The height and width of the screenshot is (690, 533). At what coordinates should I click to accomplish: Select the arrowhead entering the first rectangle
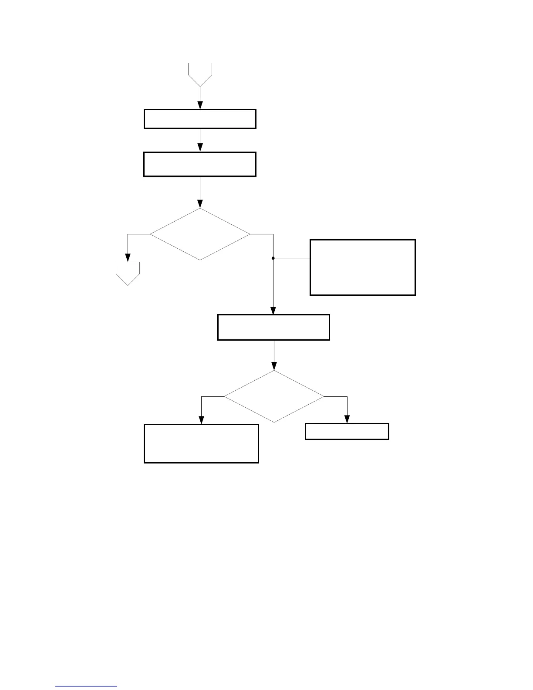coord(200,105)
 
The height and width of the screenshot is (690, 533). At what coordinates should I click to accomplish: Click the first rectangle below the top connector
coord(200,119)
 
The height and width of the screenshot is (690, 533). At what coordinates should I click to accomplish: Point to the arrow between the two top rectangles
coord(200,140)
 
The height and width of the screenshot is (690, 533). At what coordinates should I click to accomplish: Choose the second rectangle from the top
coord(200,164)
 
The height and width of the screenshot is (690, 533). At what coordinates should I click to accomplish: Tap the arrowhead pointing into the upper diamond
coord(200,204)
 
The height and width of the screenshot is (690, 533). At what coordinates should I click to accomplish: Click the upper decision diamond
coord(200,234)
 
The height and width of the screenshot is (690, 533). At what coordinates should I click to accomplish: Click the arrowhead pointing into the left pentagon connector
coord(128,257)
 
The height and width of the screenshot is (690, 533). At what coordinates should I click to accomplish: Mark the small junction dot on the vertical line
coord(273,258)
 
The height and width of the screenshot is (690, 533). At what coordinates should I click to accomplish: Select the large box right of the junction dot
coord(362,267)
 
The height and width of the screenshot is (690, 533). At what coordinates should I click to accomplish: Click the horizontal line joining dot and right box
coord(291,258)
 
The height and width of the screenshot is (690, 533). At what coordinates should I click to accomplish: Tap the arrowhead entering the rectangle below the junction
coord(273,311)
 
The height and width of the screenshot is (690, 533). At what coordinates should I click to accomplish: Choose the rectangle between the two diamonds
coord(273,327)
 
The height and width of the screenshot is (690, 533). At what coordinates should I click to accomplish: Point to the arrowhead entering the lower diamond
coord(274,366)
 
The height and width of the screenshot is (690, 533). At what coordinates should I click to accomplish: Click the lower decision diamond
coord(274,396)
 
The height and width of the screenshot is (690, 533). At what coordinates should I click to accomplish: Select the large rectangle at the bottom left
coord(201,443)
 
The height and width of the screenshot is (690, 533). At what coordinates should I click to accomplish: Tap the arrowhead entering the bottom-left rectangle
coord(201,420)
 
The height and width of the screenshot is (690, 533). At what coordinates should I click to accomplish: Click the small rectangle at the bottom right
coord(347,431)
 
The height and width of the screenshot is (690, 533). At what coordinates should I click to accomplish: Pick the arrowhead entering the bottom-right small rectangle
coord(347,419)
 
